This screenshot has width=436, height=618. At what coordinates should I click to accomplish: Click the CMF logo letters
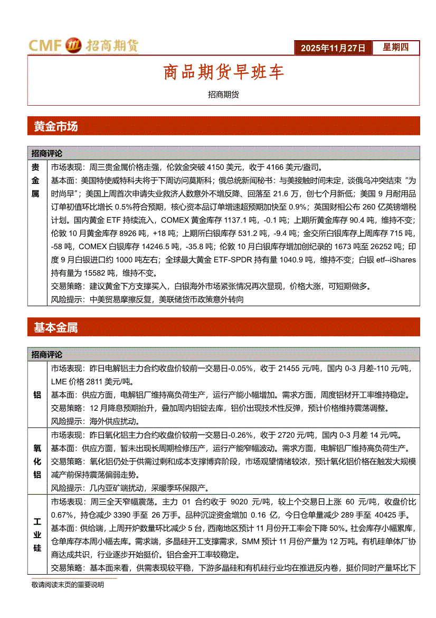click(45, 46)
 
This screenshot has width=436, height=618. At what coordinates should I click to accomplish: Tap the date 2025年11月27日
click(333, 48)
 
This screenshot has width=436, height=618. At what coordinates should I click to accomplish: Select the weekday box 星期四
click(395, 48)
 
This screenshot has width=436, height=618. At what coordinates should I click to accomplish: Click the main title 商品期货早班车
click(223, 72)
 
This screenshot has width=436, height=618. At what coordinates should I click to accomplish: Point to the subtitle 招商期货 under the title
click(223, 95)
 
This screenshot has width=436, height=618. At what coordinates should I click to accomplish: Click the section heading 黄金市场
click(55, 126)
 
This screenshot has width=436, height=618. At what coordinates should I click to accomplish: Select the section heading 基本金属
click(55, 328)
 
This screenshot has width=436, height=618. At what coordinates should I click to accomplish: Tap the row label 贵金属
click(36, 180)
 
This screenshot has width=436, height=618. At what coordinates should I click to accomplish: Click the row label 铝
click(37, 394)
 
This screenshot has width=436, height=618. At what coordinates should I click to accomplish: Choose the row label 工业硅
click(37, 534)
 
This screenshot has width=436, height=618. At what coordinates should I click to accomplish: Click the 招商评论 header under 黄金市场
click(47, 153)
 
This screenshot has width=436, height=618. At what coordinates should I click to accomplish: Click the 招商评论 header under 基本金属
click(47, 354)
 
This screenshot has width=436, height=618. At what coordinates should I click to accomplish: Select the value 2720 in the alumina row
click(287, 435)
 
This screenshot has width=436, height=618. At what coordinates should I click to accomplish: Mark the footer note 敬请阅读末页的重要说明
click(68, 585)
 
